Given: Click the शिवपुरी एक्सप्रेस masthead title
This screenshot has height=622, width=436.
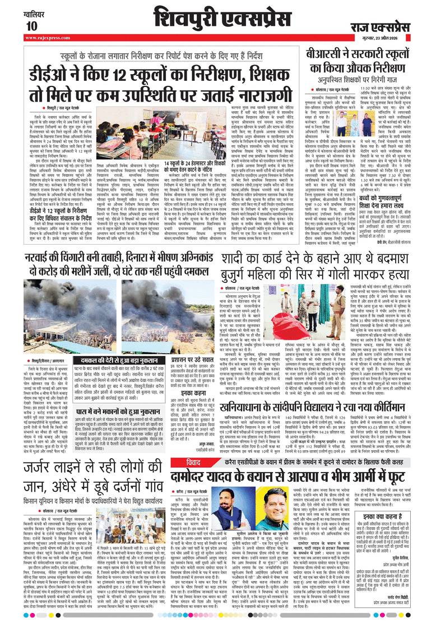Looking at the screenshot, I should [x=217, y=17].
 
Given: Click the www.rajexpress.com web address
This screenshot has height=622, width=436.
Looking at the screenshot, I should [x=48, y=38].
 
